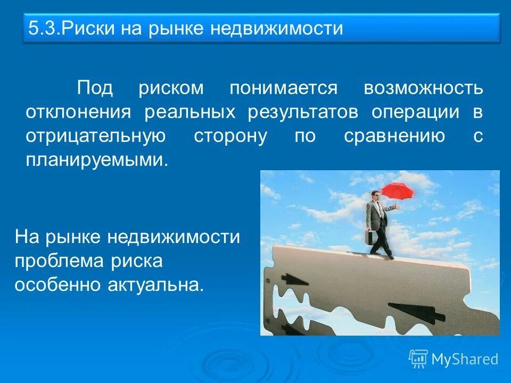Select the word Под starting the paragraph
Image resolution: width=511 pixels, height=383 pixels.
[95, 88]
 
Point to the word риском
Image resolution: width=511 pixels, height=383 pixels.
[171, 88]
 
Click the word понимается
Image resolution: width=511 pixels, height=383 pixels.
[283, 88]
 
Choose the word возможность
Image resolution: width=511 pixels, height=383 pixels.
[423, 88]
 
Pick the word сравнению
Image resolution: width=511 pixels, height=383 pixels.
[394, 136]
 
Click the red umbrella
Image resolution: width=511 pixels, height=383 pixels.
[398, 190]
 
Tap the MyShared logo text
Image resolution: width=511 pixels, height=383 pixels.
[464, 359]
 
